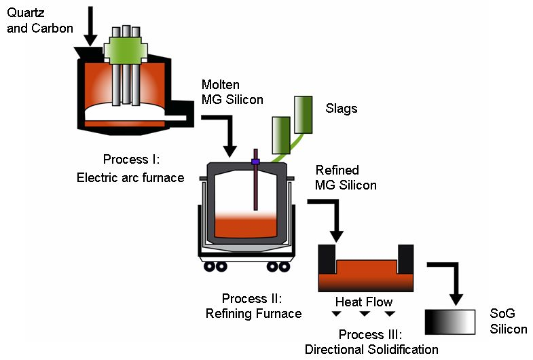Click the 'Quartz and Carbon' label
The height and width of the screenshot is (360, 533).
tap(37, 20)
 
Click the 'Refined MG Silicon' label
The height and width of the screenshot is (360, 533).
tap(346, 177)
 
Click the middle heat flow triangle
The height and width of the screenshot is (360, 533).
tap(365, 314)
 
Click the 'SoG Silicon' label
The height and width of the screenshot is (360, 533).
tap(508, 322)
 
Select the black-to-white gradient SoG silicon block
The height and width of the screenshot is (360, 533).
tap(449, 322)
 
